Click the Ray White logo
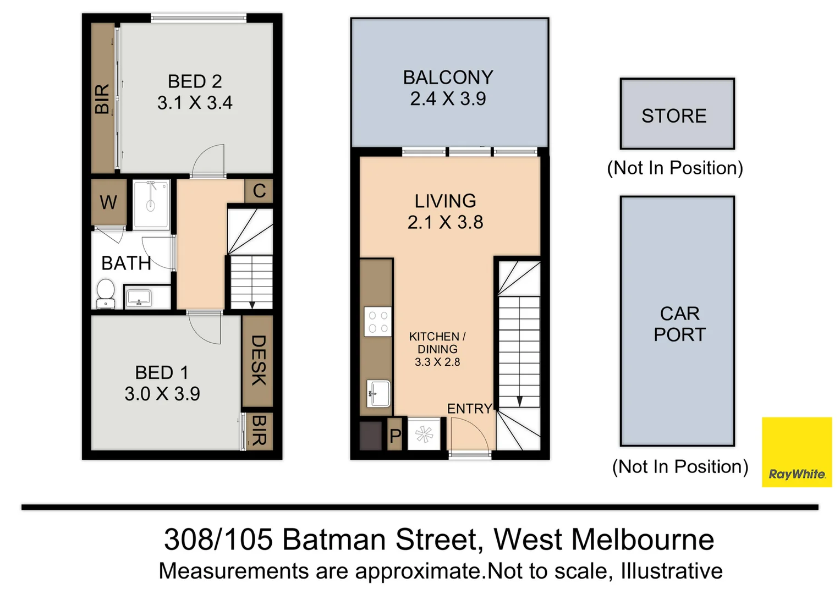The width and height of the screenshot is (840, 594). click(796, 452)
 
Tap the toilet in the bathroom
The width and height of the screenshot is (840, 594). click(105, 294)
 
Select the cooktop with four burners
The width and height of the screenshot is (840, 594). click(378, 322)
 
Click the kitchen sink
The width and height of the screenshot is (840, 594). click(378, 394)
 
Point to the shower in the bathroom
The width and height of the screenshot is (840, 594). click(151, 204)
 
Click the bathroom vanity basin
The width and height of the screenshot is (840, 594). click(139, 298)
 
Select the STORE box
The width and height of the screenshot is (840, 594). click(677, 114)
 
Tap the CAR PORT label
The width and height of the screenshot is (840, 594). click(679, 324)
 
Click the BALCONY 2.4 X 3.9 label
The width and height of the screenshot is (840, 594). click(448, 88)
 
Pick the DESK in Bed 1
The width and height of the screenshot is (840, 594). click(257, 360)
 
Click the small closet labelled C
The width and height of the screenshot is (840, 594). click(259, 191)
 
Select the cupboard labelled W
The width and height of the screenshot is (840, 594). click(108, 202)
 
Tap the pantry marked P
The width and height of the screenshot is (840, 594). click(394, 435)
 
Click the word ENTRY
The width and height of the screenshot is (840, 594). click(469, 409)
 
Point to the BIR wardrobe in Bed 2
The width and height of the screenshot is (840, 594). click(102, 99)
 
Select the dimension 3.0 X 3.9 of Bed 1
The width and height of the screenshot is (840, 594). click(162, 394)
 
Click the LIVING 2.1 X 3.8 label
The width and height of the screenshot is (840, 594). click(445, 211)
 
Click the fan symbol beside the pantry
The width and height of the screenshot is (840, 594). click(424, 435)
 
